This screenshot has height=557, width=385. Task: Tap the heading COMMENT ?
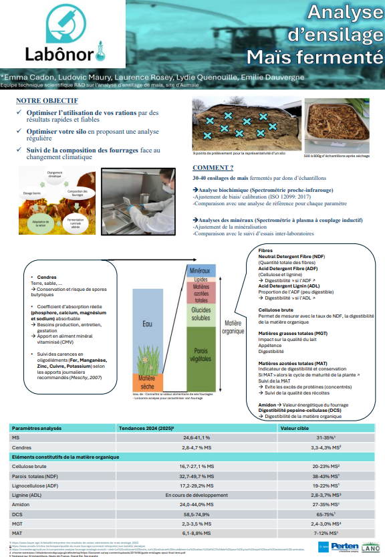coord(213,168)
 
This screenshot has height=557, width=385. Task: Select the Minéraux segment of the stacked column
coord(200,271)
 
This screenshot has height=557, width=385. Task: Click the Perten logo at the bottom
coord(344,548)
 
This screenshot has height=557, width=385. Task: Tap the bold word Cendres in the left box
coord(47,277)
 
